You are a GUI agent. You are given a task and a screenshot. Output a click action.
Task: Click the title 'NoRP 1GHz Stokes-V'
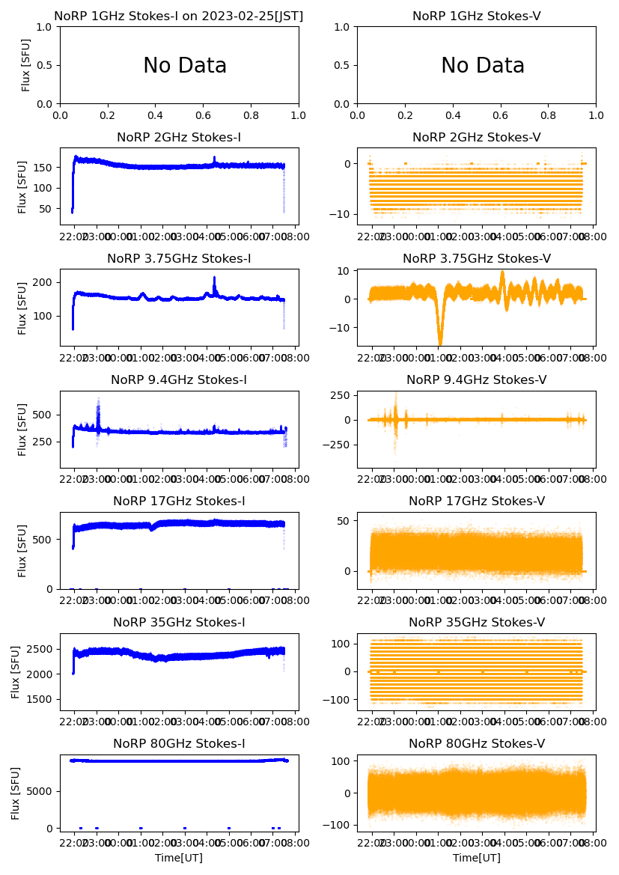(476, 16)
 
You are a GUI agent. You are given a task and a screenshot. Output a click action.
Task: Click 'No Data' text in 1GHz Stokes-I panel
(185, 66)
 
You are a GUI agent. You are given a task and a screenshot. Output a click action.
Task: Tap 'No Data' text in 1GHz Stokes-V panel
(483, 66)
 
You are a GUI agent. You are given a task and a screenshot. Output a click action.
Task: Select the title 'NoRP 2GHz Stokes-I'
(179, 138)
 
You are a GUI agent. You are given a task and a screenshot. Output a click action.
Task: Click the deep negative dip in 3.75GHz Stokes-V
(440, 341)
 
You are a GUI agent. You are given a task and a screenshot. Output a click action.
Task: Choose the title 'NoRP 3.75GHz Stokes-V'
(476, 259)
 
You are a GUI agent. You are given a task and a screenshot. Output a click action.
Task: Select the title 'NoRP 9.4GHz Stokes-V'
(476, 380)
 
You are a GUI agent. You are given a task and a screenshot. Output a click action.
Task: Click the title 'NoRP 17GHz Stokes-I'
(179, 501)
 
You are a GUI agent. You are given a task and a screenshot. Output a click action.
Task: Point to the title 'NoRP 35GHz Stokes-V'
(476, 623)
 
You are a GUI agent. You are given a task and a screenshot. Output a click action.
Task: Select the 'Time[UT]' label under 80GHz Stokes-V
(476, 858)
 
